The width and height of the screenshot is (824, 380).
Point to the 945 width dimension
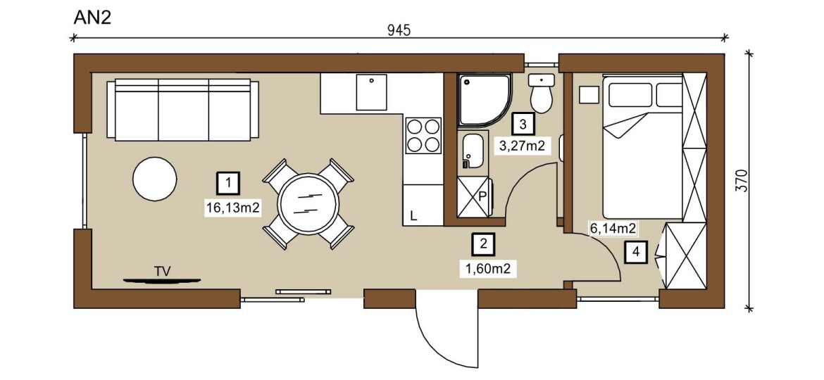pyautogui.click(x=399, y=30)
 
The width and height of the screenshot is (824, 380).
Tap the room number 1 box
pyautogui.click(x=229, y=183)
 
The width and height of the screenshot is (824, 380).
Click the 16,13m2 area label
pyautogui.click(x=233, y=208)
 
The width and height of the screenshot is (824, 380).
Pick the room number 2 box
pyautogui.click(x=483, y=243)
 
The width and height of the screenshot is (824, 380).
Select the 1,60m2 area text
pyautogui.click(x=487, y=269)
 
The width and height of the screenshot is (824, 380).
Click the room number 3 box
pyautogui.click(x=523, y=125)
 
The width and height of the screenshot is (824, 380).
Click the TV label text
pyautogui.click(x=163, y=271)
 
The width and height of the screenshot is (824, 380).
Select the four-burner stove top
pyautogui.click(x=423, y=135)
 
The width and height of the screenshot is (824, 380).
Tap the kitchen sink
pyautogui.click(x=371, y=92)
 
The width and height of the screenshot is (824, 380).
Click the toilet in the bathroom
pyautogui.click(x=541, y=94)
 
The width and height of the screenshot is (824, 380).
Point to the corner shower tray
pyautogui.click(x=483, y=100)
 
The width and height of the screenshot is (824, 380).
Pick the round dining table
pyautogui.click(x=308, y=203)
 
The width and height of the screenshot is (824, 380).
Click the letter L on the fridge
pyautogui.click(x=413, y=216)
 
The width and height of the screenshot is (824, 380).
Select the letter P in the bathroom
pyautogui.click(x=483, y=197)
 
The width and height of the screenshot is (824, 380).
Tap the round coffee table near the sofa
pyautogui.click(x=154, y=179)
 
